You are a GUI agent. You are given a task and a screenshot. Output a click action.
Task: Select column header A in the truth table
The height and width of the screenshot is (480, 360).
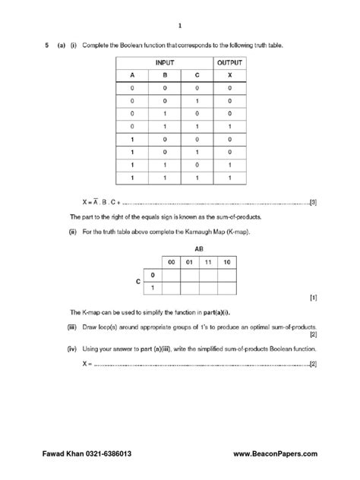point(131,75)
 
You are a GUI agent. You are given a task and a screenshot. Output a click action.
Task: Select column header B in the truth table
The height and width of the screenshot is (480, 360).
point(164,75)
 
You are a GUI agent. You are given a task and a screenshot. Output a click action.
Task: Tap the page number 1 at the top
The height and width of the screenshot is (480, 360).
point(180,24)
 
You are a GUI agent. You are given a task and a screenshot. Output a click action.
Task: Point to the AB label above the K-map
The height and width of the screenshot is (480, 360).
point(199,248)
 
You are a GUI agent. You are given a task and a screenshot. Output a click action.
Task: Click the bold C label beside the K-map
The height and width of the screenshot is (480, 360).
point(138,281)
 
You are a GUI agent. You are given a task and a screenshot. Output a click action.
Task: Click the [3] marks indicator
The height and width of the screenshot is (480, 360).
point(313,203)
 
